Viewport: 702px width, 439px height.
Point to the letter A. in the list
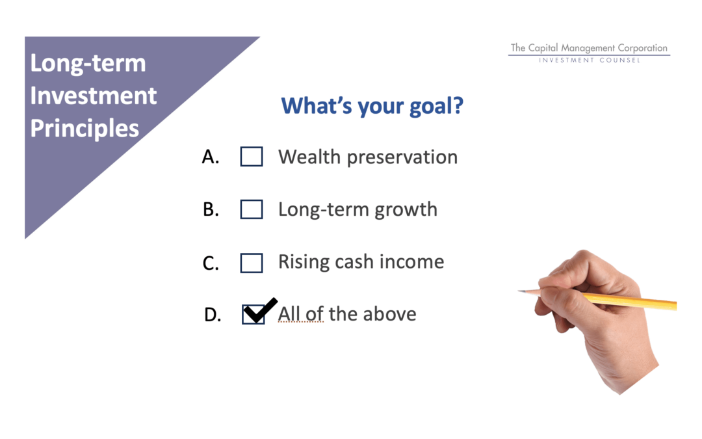coord(211,157)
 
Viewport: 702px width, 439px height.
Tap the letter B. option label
coord(211,209)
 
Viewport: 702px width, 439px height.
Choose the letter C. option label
coord(211,263)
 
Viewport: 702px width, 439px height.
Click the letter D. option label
coord(212,315)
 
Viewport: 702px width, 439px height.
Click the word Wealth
coord(309,157)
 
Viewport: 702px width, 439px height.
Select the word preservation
coord(402,158)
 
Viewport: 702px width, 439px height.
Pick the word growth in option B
coord(406,209)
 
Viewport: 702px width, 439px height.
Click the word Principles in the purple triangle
coord(84,129)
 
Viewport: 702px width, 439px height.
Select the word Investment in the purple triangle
coord(93,96)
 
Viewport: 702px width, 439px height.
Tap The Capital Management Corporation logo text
coord(589,48)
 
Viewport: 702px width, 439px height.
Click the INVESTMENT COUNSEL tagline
coord(589,60)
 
